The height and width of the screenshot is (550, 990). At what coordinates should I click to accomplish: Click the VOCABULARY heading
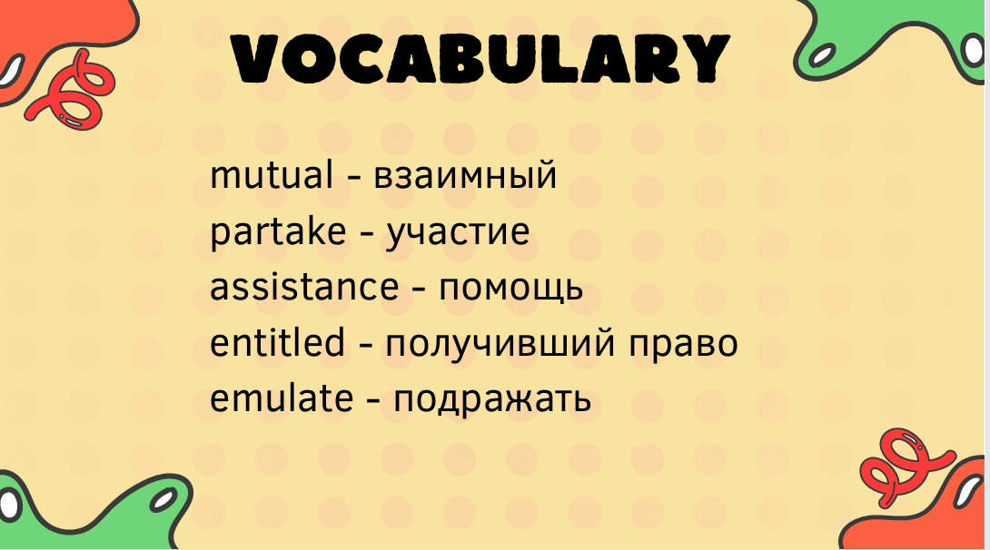click(480, 58)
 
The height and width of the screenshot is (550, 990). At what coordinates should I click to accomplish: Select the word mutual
click(272, 175)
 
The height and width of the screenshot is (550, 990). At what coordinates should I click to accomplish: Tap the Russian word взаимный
click(465, 177)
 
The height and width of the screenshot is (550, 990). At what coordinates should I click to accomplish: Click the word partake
click(278, 231)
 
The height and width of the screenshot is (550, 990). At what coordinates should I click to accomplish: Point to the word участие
click(458, 233)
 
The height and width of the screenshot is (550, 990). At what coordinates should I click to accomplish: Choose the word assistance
click(304, 287)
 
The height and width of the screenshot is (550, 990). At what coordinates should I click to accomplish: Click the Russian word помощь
click(510, 290)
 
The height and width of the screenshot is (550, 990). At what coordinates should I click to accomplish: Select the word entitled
click(277, 342)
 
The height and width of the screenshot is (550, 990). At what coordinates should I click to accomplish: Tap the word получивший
click(500, 344)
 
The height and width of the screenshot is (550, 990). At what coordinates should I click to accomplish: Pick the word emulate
click(282, 398)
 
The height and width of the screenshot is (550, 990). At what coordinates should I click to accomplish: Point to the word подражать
click(492, 401)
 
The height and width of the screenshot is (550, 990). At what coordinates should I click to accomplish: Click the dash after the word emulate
click(373, 401)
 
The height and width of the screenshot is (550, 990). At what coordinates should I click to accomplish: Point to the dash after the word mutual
click(353, 177)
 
